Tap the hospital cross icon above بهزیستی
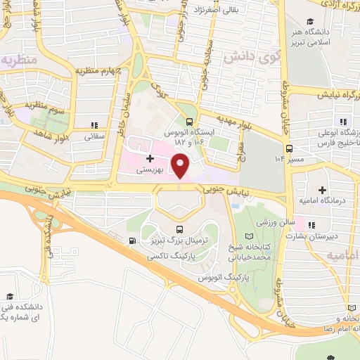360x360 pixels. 150,159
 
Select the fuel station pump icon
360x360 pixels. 132,241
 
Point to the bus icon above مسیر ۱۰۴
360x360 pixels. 289,148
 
